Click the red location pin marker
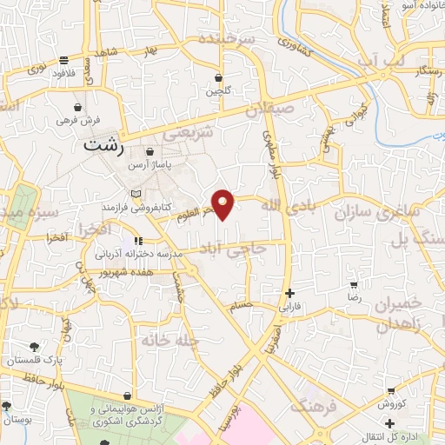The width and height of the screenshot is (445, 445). [223, 203]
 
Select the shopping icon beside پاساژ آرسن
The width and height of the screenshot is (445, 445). [150, 151]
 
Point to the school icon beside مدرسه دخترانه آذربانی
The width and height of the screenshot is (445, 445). [137, 240]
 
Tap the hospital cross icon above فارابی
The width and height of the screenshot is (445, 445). [289, 294]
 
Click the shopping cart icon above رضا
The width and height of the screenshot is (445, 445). [354, 284]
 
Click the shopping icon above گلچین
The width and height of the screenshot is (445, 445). [218, 78]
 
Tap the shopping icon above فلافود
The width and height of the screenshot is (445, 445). [64, 60]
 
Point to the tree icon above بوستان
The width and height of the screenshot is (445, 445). [7, 406]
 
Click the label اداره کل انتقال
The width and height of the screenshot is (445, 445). [408, 435]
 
